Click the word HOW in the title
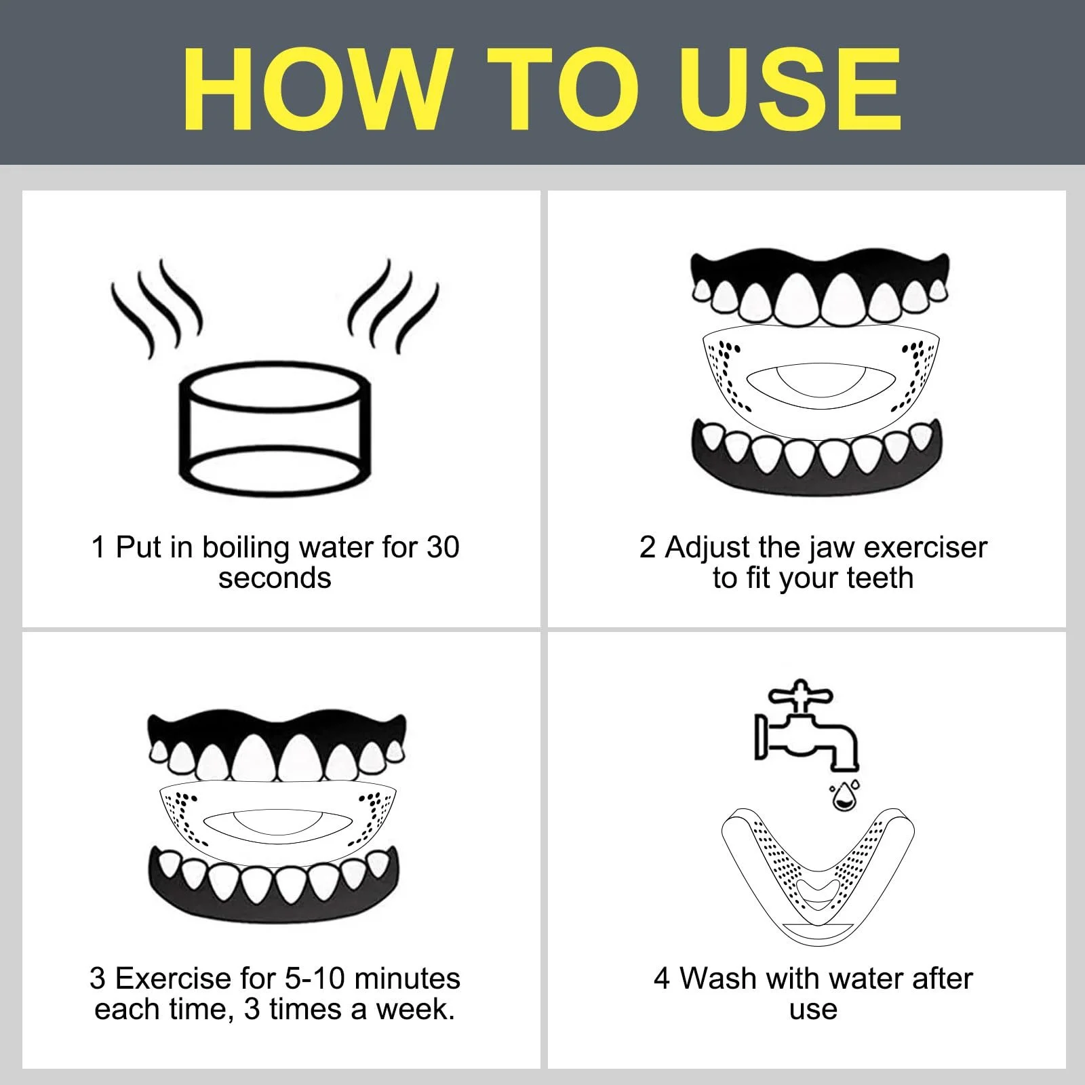pyautogui.click(x=318, y=89)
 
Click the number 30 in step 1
pyautogui.click(x=443, y=547)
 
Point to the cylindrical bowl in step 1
pyautogui.click(x=275, y=429)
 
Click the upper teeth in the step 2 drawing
pyautogui.click(x=820, y=288)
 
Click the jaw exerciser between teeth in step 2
pyautogui.click(x=820, y=380)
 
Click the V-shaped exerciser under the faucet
pyautogui.click(x=818, y=875)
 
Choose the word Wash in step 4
pyautogui.click(x=717, y=979)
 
